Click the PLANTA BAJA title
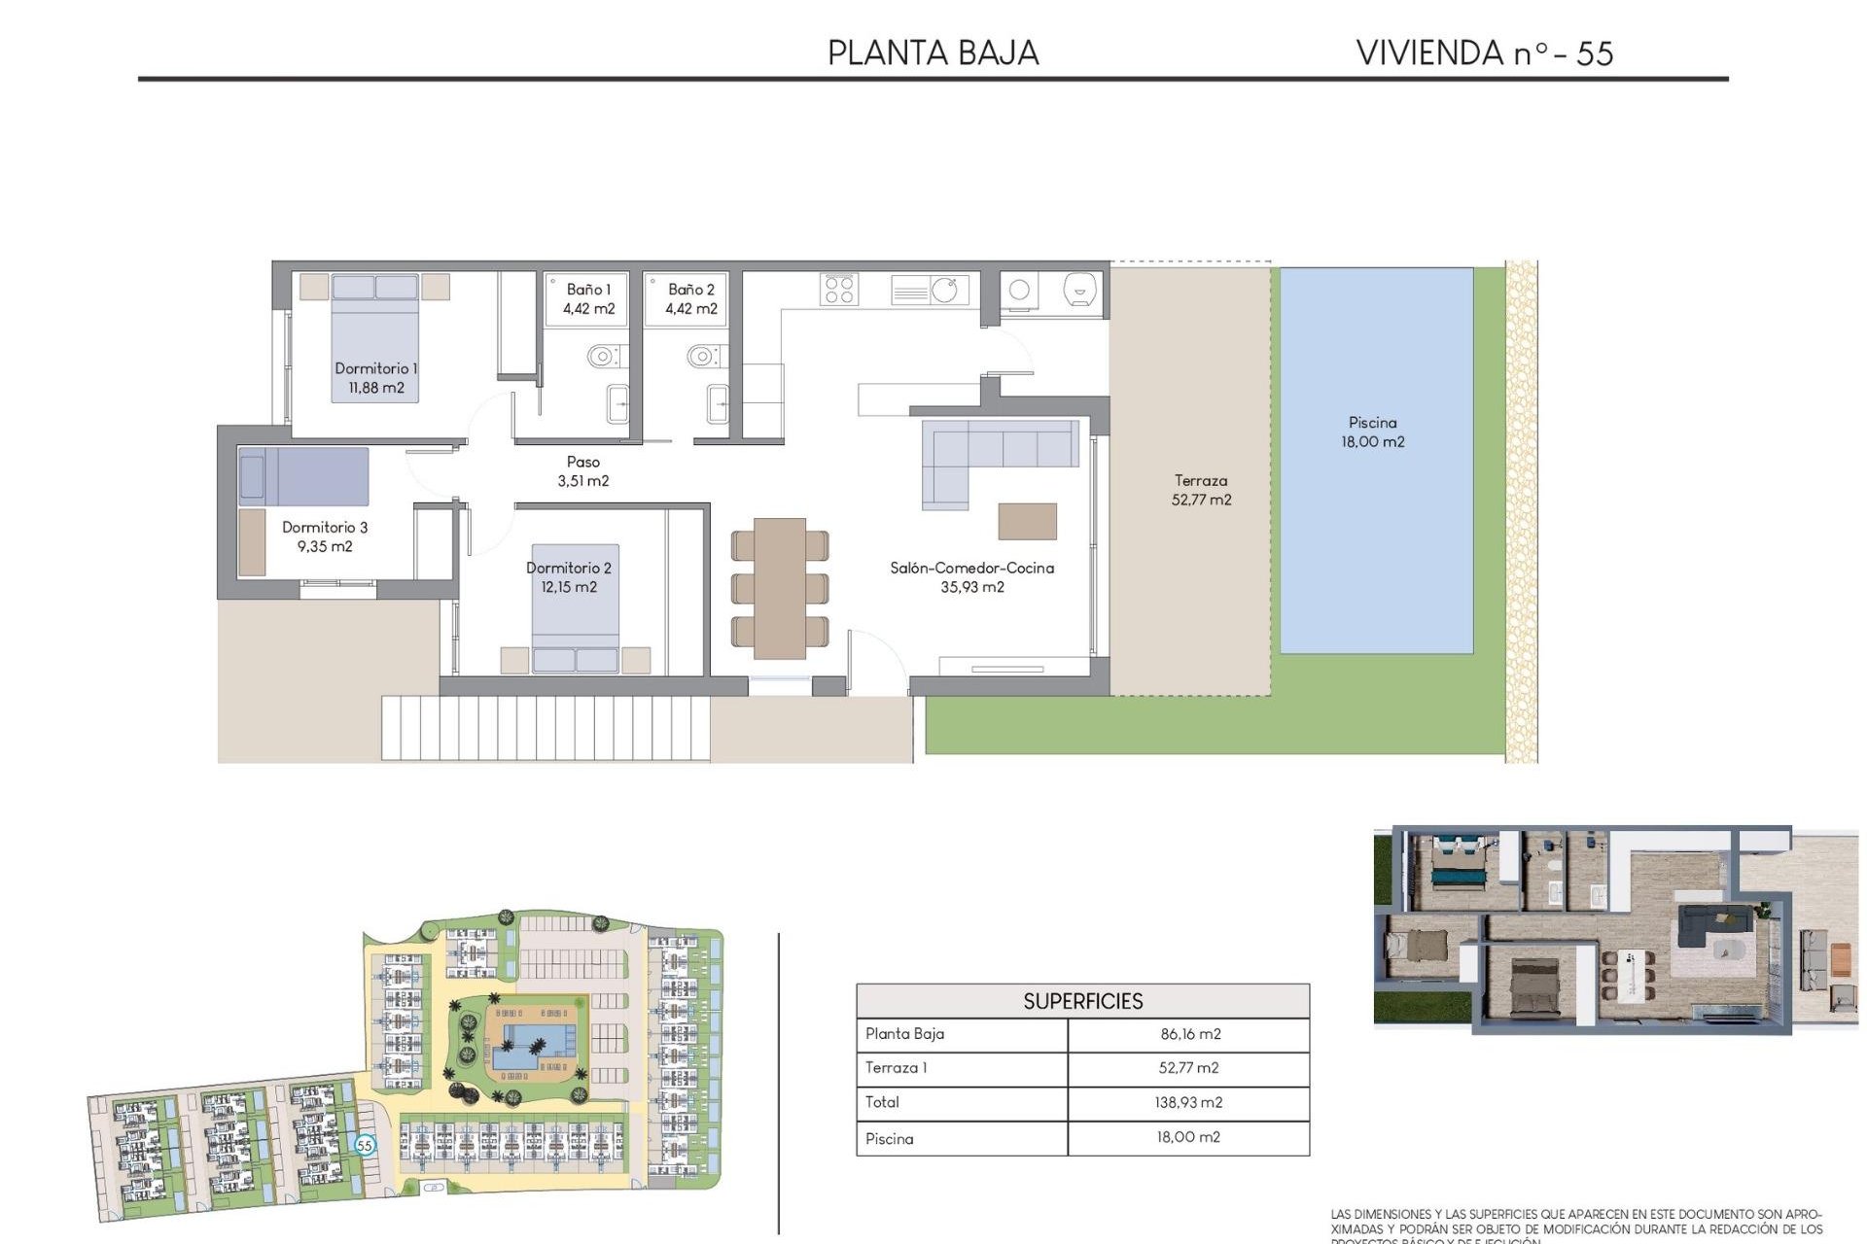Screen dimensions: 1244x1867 tap(933, 53)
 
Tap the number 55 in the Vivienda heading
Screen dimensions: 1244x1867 tap(1594, 53)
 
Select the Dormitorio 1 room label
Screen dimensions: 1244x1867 tap(375, 368)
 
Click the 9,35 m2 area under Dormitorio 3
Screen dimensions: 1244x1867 tap(325, 546)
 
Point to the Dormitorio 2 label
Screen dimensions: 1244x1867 tap(569, 568)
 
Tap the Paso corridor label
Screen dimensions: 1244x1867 tap(583, 462)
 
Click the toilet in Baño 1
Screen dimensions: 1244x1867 tap(604, 356)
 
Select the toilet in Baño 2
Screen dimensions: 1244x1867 tap(703, 356)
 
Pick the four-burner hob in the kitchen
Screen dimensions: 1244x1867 tap(839, 289)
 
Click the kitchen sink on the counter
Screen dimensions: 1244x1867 tap(944, 289)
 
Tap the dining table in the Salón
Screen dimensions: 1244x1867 tap(780, 587)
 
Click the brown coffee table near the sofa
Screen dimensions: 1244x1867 tap(1027, 521)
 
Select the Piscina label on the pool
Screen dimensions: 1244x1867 tap(1372, 423)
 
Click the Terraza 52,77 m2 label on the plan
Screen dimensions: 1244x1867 tap(1201, 490)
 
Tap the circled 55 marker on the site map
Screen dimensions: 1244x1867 tap(365, 1145)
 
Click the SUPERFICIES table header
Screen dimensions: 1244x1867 tap(1082, 1001)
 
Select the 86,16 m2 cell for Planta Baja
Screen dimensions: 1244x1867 tap(1189, 1034)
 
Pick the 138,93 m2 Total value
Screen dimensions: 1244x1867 tap(1189, 1102)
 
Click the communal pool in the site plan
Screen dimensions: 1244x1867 tap(530, 1045)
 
